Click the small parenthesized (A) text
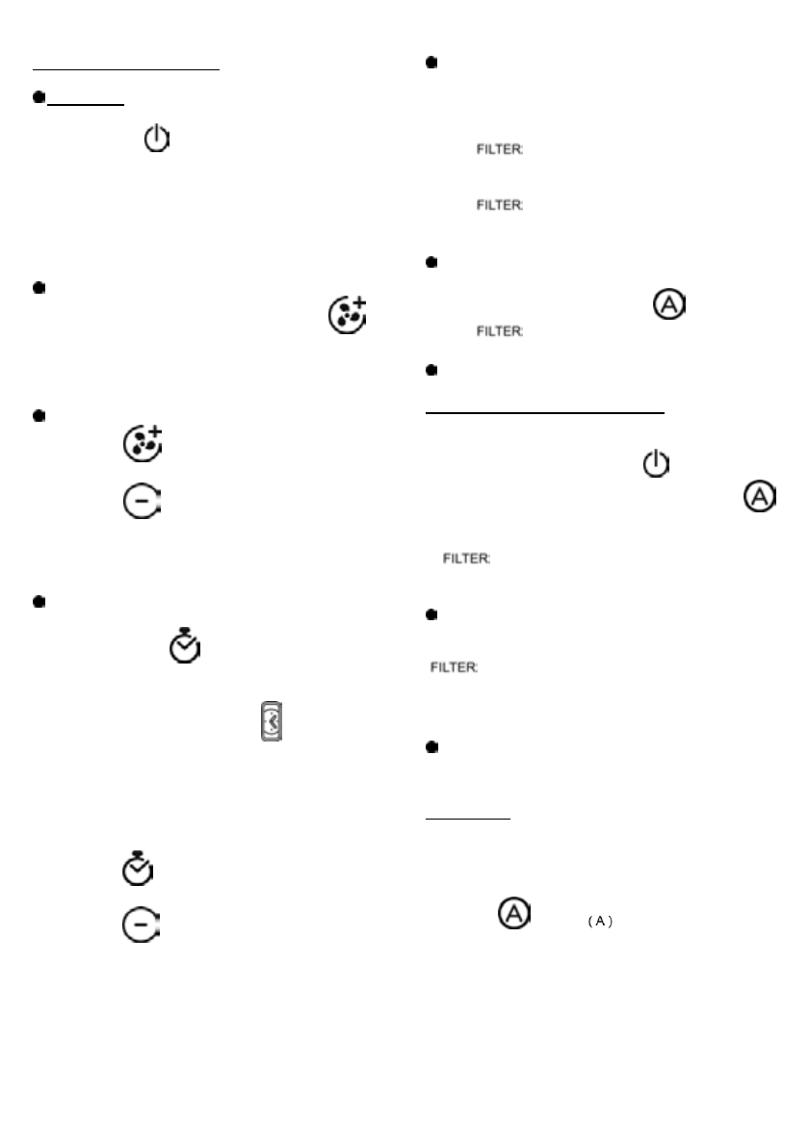600,922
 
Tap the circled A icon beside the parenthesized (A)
514,914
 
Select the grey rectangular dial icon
271,721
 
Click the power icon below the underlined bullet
156,141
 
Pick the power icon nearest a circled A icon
655,465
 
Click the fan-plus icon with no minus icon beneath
347,315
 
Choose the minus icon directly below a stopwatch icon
143,925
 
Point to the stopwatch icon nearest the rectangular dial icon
185,648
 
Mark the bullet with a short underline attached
39,97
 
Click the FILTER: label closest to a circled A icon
501,330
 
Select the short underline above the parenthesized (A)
467,820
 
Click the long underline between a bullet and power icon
545,412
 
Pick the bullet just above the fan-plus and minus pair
39,415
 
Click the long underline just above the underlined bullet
127,69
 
